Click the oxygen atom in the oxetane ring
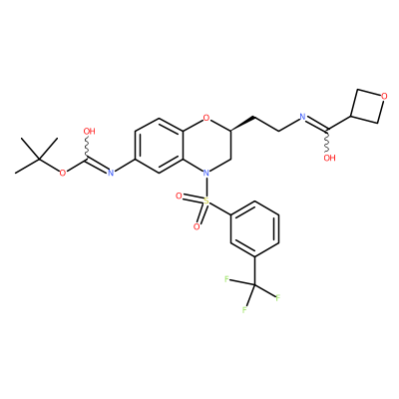pos(384,97)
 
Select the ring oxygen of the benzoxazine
pos(206,118)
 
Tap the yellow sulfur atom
pos(206,200)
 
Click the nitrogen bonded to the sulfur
pos(206,173)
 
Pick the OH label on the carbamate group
pos(89,132)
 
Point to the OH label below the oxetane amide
pos(329,158)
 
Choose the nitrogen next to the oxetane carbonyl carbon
pos(302,117)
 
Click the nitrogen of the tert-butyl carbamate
pos(111,173)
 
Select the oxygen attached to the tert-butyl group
pos(63,173)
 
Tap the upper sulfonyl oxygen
pos(179,197)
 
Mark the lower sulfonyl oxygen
pos(197,227)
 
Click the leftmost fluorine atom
pos(226,279)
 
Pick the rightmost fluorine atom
pos(278,297)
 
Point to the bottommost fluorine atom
pos(244,310)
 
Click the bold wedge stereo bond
pos(242,123)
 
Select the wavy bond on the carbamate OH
pos(87,147)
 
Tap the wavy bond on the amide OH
pos(328,141)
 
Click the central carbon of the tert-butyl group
pos(39,160)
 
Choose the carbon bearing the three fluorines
pos(254,284)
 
